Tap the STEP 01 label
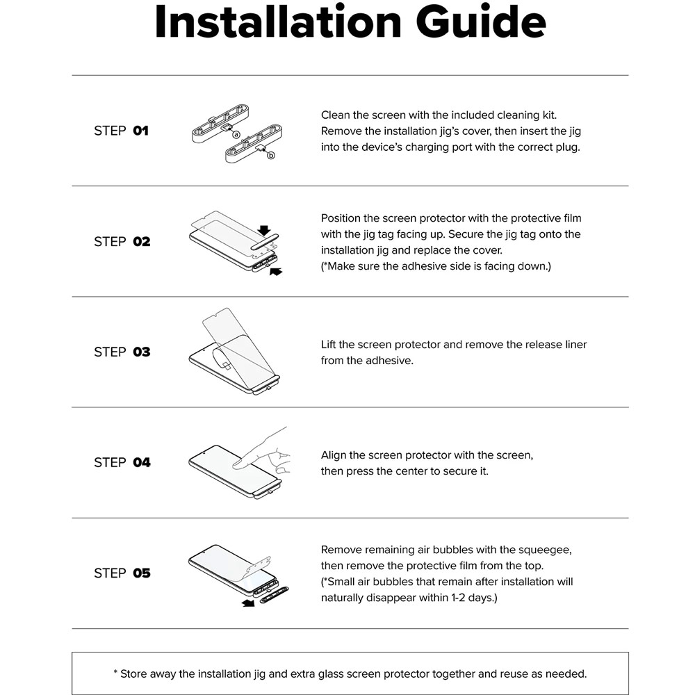121,131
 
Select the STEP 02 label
122,242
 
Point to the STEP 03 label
122,352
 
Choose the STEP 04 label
122,463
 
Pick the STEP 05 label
122,573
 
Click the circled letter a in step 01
236,134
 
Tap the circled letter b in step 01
271,155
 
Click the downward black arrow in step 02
265,229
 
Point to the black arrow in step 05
248,603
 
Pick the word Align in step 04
334,456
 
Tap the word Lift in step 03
329,345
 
